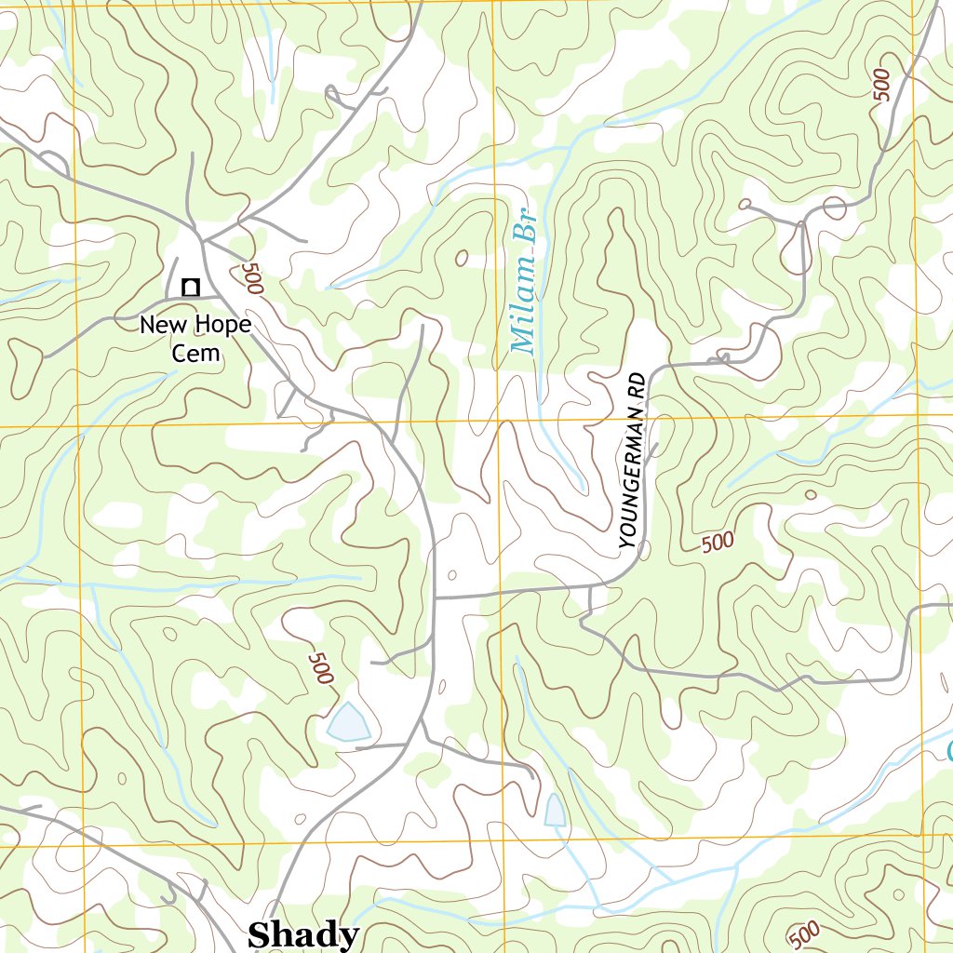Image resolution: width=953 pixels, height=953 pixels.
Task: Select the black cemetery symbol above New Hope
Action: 190,288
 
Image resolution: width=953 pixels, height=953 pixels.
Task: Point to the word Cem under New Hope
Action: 196,352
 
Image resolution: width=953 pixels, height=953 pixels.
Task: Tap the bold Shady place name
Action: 302,934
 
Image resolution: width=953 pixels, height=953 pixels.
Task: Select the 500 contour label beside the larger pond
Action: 319,667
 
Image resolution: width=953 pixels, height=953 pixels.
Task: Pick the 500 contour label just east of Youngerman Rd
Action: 718,542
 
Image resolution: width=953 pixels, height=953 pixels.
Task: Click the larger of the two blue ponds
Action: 348,722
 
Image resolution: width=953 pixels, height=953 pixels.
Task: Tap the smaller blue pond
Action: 555,810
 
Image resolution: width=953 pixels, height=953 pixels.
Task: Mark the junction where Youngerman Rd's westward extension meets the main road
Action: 436,597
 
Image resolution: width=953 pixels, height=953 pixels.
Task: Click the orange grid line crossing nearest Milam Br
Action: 497,422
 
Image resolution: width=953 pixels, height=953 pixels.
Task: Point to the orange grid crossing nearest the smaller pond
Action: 504,841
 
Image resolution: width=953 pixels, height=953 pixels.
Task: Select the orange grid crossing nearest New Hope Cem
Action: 78,427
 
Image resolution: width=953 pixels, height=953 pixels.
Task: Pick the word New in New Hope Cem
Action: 157,325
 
